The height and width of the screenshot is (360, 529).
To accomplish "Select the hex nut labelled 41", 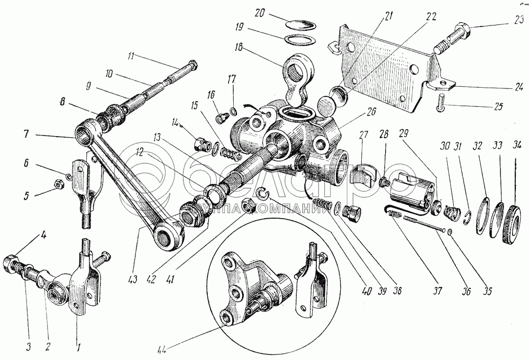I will (248, 204).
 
